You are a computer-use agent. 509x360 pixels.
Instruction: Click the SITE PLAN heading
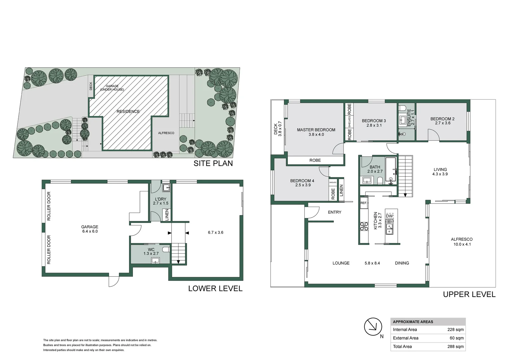tap(213, 163)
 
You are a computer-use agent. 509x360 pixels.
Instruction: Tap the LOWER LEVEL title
tap(216, 289)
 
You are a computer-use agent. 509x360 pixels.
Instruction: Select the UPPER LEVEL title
tap(469, 295)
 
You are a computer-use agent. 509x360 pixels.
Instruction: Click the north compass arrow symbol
tap(373, 327)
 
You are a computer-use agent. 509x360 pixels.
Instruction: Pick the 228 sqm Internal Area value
tap(456, 330)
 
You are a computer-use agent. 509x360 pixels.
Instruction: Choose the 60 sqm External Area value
tap(457, 338)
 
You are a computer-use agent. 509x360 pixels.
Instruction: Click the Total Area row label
tap(402, 346)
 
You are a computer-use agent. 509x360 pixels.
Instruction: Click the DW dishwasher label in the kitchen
tap(389, 216)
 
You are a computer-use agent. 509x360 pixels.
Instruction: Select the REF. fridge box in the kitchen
tap(363, 203)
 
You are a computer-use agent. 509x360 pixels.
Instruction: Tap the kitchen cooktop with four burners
tap(364, 226)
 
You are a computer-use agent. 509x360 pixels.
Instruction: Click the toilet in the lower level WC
tap(166, 250)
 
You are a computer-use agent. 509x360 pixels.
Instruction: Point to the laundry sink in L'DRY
tap(166, 188)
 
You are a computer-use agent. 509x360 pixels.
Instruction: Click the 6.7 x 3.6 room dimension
tap(216, 232)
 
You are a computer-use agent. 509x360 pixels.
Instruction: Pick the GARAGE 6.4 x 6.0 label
tap(90, 229)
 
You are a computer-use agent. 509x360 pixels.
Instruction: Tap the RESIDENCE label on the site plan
tap(128, 111)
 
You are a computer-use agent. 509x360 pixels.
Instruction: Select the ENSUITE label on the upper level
tap(409, 118)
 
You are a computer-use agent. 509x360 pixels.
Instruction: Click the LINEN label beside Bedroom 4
tap(341, 190)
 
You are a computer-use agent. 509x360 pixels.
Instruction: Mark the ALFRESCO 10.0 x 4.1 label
tap(462, 242)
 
